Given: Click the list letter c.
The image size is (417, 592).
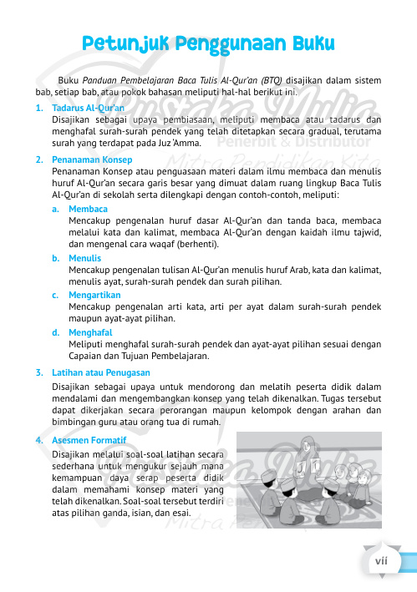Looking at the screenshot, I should pyautogui.click(x=54, y=295).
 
